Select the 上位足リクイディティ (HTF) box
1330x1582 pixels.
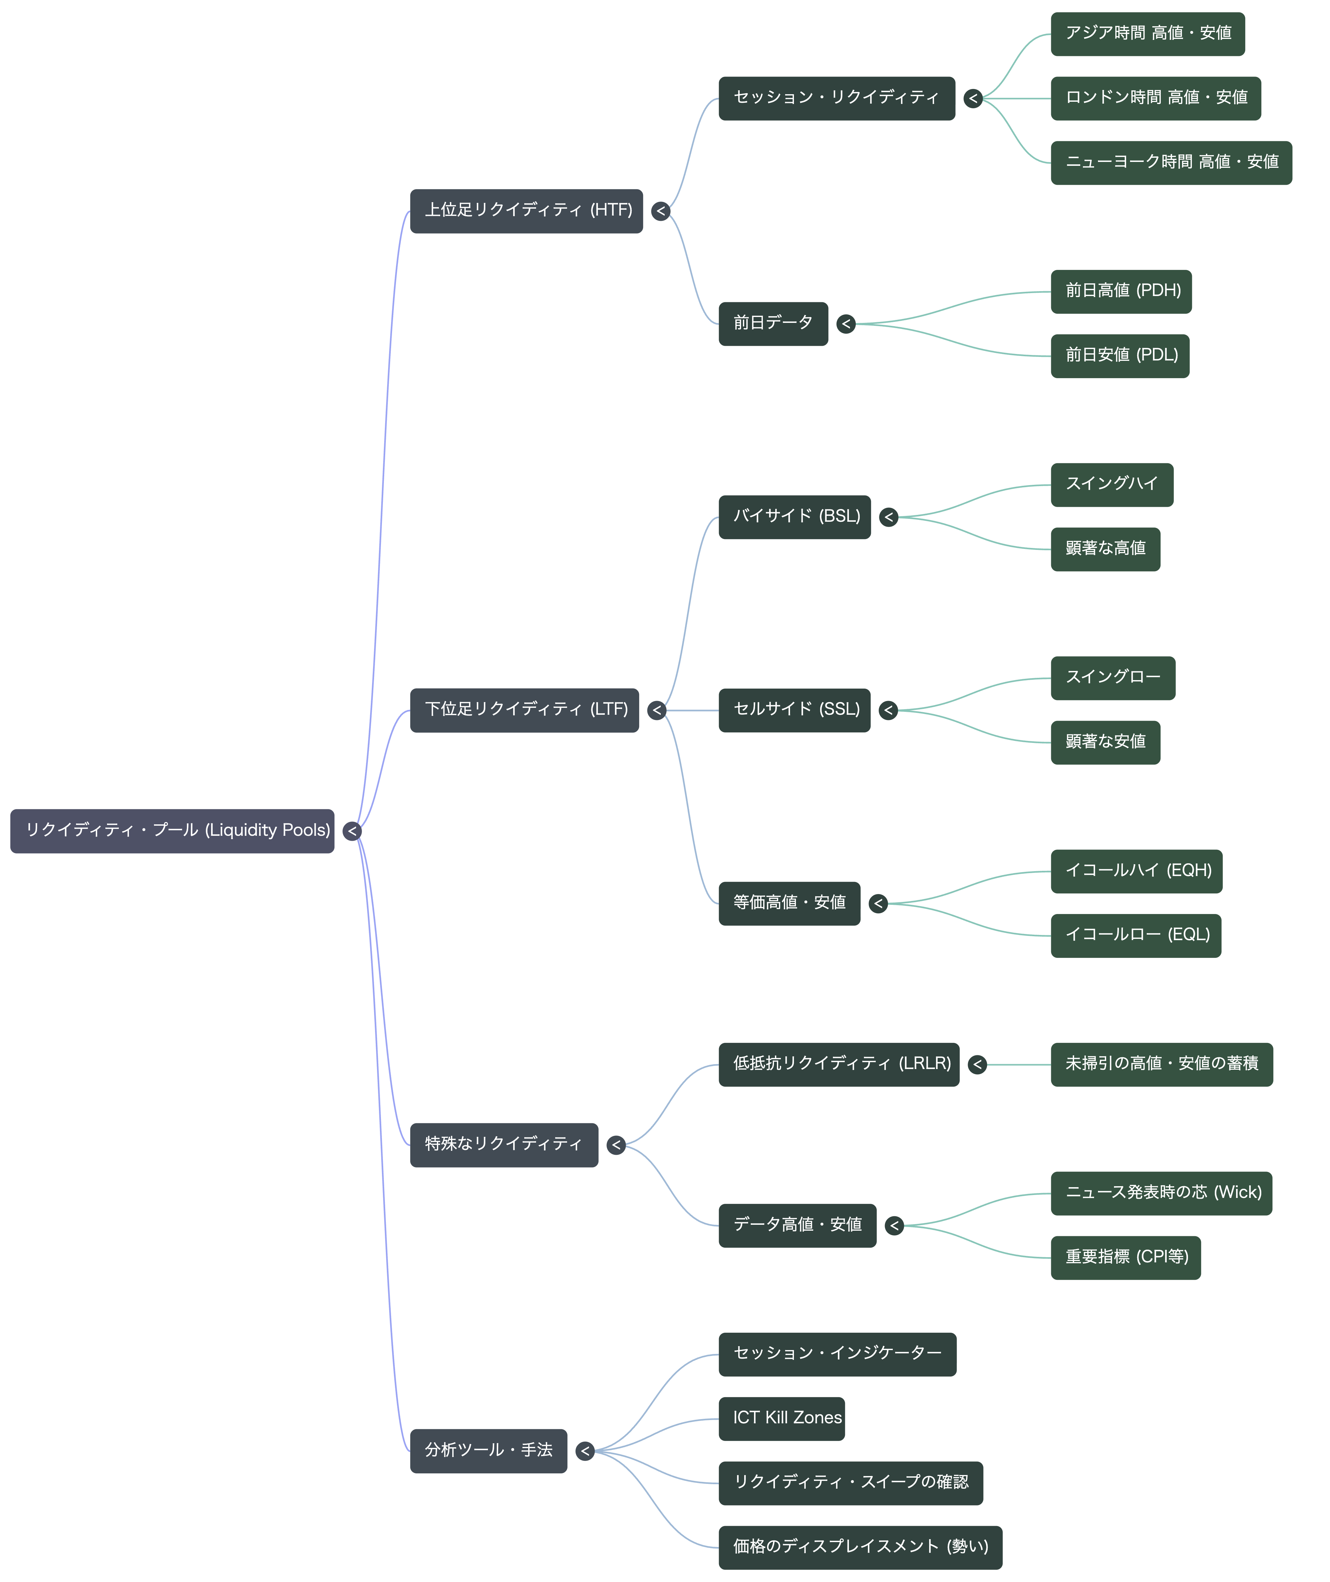(526, 211)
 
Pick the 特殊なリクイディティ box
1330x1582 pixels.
(504, 1145)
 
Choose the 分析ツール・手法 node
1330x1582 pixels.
(489, 1451)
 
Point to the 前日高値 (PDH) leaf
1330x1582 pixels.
(1121, 292)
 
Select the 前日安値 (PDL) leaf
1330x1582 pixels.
(1120, 356)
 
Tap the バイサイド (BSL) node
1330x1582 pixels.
(795, 517)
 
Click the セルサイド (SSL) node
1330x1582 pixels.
(795, 710)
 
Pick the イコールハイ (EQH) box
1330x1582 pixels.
(1136, 871)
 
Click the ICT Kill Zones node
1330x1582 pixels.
(782, 1418)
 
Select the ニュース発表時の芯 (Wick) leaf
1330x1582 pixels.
(1161, 1193)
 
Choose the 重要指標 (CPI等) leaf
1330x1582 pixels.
(1126, 1258)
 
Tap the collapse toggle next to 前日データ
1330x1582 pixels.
(846, 324)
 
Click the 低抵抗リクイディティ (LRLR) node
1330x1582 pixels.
(839, 1064)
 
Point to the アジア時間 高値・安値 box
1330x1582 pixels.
(1147, 34)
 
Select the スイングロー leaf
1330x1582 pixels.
(1113, 678)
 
